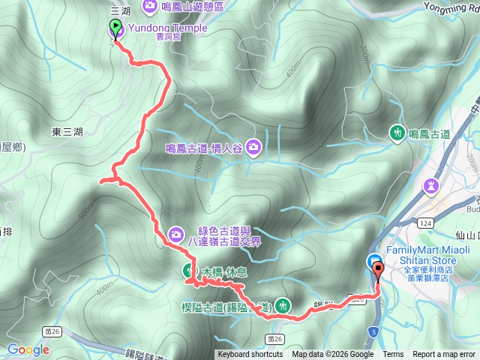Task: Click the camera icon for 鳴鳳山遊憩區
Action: (x=149, y=7)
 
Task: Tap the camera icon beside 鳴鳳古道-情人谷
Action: (x=254, y=148)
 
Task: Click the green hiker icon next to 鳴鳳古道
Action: (x=397, y=133)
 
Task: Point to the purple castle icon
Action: (x=432, y=186)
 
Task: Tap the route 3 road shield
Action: (x=373, y=331)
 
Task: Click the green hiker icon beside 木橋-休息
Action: (x=189, y=271)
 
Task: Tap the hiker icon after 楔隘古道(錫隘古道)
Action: (x=283, y=304)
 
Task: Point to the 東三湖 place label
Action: (x=67, y=132)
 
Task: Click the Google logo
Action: (x=28, y=349)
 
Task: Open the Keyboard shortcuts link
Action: (x=250, y=355)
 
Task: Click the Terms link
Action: (x=393, y=355)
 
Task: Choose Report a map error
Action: (x=444, y=355)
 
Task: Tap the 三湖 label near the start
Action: (x=120, y=10)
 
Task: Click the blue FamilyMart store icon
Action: (x=374, y=261)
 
